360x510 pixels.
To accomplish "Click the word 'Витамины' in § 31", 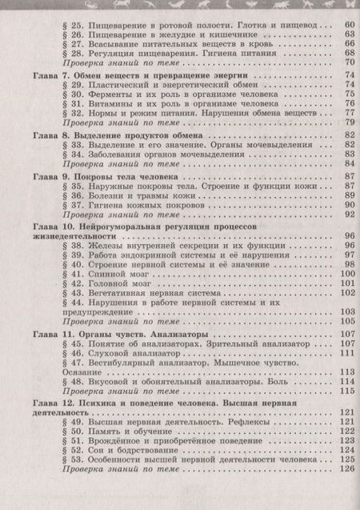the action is [108, 103].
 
